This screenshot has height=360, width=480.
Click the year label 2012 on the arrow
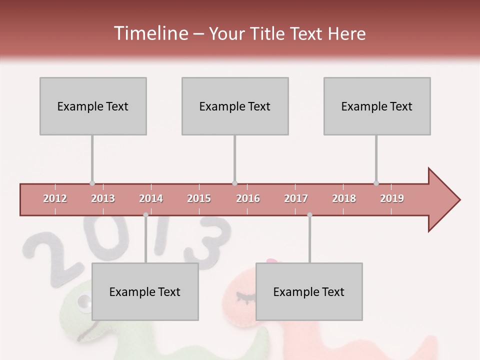(x=55, y=198)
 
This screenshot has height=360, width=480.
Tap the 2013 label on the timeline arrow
(x=103, y=198)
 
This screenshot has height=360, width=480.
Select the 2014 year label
(x=151, y=198)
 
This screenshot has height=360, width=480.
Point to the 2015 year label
(x=199, y=198)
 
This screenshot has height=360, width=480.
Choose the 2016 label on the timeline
(x=248, y=198)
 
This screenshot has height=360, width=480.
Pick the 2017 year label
(x=296, y=198)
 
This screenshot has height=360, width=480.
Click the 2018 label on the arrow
(x=344, y=198)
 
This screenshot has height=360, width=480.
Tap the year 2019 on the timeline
(x=392, y=198)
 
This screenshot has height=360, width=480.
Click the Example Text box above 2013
(x=93, y=106)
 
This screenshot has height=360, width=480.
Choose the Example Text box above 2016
(x=235, y=106)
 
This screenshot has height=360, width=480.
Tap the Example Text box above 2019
(x=377, y=106)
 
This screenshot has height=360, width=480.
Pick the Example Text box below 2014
(x=145, y=291)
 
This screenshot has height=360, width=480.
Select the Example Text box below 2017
(x=309, y=291)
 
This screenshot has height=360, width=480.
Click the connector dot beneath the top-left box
(x=92, y=183)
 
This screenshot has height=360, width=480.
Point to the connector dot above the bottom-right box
(x=309, y=215)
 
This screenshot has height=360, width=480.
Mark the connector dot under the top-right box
(x=376, y=183)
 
